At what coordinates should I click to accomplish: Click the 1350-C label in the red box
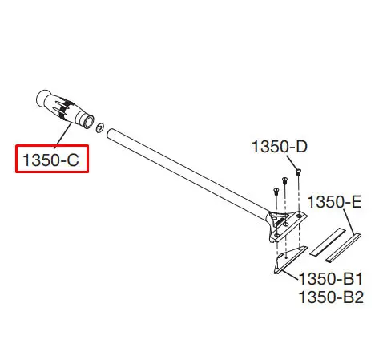click(x=50, y=160)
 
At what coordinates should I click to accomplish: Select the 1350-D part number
click(x=280, y=147)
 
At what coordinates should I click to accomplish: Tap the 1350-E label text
click(x=334, y=201)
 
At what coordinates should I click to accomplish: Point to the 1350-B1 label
click(x=331, y=279)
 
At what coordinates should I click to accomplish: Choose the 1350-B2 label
click(x=331, y=297)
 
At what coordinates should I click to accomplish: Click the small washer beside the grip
click(x=100, y=127)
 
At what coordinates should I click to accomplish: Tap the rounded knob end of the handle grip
click(x=42, y=98)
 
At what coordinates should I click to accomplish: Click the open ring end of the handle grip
click(x=87, y=122)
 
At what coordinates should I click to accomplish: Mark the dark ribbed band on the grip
click(x=66, y=109)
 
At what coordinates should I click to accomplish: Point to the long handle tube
click(x=187, y=174)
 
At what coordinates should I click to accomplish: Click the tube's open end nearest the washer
click(x=110, y=133)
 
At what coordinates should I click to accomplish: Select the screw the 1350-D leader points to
click(x=298, y=172)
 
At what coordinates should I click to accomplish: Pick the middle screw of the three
click(x=284, y=180)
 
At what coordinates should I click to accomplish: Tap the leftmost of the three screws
click(x=276, y=192)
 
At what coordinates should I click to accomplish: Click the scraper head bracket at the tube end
click(x=287, y=226)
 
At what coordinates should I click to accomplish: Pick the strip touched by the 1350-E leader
click(x=344, y=248)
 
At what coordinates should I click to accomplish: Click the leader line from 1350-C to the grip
click(x=63, y=135)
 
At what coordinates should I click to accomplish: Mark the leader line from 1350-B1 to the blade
click(x=290, y=275)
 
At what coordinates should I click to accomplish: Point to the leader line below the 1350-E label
click(x=349, y=222)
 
